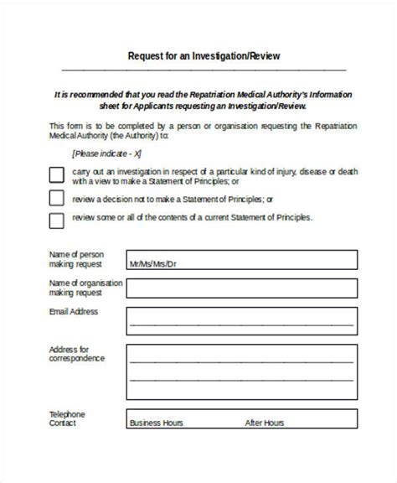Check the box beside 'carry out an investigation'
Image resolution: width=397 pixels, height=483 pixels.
(56, 175)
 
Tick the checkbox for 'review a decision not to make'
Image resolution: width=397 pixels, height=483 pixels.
(56, 199)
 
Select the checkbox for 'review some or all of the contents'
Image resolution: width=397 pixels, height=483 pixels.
(56, 221)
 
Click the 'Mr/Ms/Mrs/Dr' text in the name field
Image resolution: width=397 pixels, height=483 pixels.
(153, 265)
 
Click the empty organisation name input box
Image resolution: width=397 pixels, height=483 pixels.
(235, 293)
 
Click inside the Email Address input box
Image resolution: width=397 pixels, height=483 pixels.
(235, 321)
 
